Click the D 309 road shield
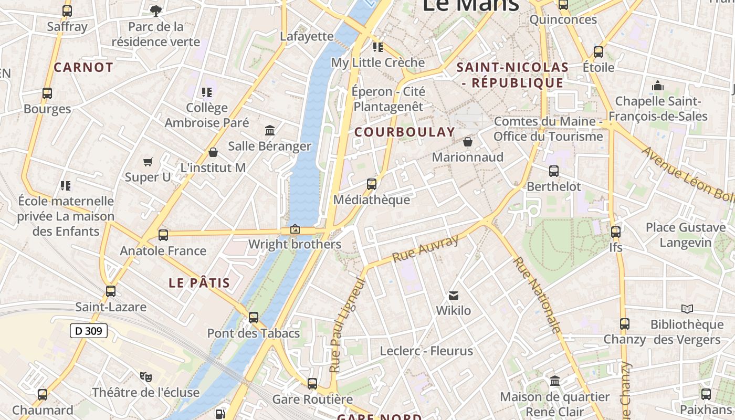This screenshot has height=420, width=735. click(89, 331)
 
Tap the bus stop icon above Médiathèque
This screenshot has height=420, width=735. click(372, 184)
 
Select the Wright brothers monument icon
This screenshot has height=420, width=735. click(295, 229)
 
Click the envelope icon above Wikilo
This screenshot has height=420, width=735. click(454, 296)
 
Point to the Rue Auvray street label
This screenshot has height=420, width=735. click(425, 249)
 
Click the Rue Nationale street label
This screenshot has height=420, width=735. click(537, 294)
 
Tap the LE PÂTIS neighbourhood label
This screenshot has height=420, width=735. click(199, 283)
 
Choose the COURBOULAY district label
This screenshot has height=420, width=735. click(404, 132)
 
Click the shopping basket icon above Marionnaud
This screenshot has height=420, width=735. click(468, 142)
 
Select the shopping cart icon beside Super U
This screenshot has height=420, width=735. click(148, 162)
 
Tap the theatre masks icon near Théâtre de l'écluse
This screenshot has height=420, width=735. click(146, 376)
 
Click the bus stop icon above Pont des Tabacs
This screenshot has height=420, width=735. click(254, 317)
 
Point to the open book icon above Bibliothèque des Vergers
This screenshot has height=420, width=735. click(687, 309)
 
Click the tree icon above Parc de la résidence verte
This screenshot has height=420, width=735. click(156, 10)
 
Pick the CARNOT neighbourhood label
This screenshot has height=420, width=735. click(83, 67)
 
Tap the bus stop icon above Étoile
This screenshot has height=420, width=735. click(598, 52)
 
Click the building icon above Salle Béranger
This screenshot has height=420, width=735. click(270, 130)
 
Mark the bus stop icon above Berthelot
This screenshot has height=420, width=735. click(554, 171)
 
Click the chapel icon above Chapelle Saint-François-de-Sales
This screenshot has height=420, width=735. click(658, 86)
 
